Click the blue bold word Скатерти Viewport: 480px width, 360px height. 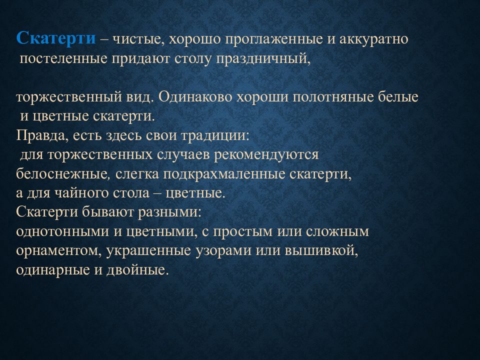(x=55, y=38)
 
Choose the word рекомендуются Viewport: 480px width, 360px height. (x=266, y=155)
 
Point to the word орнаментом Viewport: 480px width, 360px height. (x=59, y=250)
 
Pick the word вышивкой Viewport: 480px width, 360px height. (x=321, y=250)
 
